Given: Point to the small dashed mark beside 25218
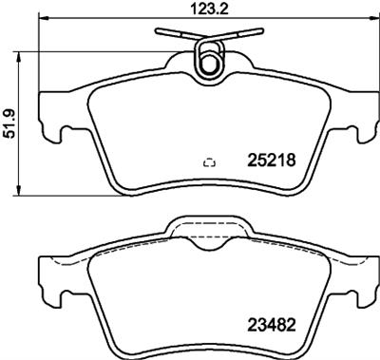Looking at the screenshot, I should [210, 162].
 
